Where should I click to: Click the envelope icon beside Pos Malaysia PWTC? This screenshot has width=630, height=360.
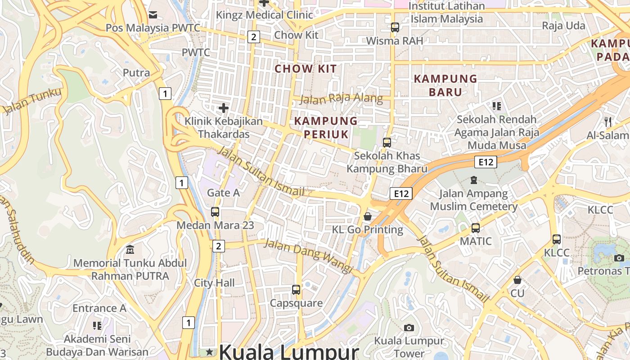[x=153, y=15]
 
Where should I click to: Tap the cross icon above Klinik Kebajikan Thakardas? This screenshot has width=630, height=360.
[x=223, y=108]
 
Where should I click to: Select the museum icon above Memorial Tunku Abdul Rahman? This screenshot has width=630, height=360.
[x=130, y=249]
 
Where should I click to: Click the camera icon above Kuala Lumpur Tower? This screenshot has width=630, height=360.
[x=409, y=328]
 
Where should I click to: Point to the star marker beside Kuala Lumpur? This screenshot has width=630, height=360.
[x=209, y=351]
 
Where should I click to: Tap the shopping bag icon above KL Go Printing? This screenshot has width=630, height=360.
[x=368, y=216]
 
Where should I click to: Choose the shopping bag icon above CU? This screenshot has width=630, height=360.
[x=517, y=280]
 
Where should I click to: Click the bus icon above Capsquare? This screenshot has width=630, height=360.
[x=296, y=289]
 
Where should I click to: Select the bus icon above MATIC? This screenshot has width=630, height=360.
[x=476, y=228]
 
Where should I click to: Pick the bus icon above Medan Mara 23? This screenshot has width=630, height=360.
[x=215, y=211]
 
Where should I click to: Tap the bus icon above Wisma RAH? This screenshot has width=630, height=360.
[x=395, y=27]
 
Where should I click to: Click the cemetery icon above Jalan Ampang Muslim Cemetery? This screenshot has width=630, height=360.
[x=473, y=180]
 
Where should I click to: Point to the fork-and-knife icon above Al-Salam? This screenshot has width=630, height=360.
[x=608, y=121]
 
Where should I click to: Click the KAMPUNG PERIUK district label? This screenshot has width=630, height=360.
[x=326, y=127]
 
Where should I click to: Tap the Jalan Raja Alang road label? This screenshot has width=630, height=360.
[x=341, y=99]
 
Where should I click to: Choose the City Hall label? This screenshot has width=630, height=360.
[x=214, y=283]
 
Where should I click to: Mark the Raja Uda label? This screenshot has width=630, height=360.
[x=563, y=26]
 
